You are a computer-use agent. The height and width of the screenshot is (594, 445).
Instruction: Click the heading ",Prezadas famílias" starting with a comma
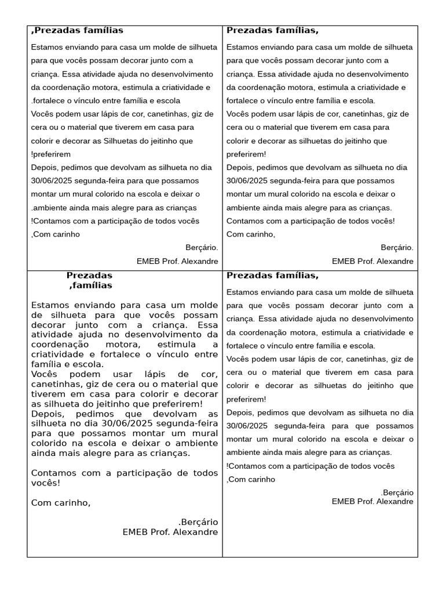pyautogui.click(x=76, y=31)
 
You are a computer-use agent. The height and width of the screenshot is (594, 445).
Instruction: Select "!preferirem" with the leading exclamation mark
pyautogui.click(x=51, y=154)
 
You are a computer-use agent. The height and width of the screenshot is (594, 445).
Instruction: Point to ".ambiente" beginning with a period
pyautogui.click(x=49, y=208)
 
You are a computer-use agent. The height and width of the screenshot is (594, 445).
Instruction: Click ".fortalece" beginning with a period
pyautogui.click(x=48, y=100)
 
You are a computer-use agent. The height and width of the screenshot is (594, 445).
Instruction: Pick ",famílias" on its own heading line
pyautogui.click(x=90, y=285)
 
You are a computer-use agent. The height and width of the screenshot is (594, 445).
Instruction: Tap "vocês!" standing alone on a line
pyautogui.click(x=45, y=483)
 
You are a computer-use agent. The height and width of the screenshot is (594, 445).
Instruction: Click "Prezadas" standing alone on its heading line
pyautogui.click(x=89, y=276)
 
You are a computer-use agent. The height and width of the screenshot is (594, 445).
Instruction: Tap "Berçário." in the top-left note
pyautogui.click(x=202, y=247)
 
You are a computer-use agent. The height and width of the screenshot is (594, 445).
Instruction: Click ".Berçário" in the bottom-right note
pyautogui.click(x=397, y=492)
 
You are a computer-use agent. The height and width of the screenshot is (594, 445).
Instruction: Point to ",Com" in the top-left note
pyautogui.click(x=41, y=234)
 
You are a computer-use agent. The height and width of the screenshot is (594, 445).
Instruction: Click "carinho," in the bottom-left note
pyautogui.click(x=72, y=502)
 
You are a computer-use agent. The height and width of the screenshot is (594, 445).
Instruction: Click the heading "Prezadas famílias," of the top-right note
pyautogui.click(x=272, y=31)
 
